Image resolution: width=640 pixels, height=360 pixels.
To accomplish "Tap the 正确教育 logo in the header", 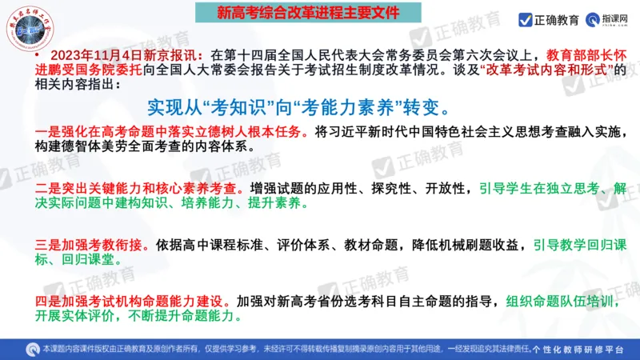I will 546,19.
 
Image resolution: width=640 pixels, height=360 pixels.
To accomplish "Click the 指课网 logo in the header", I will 608,19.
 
